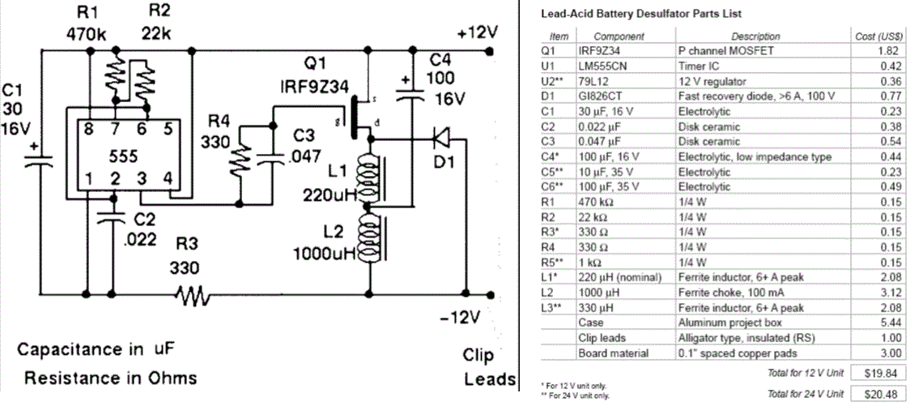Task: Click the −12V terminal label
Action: (x=478, y=314)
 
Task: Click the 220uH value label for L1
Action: (x=328, y=194)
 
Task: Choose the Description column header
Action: (x=755, y=36)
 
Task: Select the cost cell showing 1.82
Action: (x=888, y=50)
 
